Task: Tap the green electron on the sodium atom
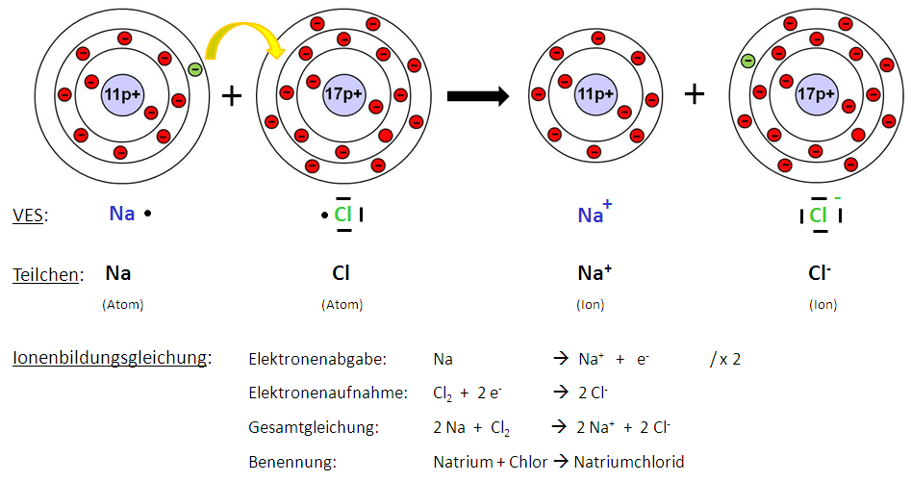195,69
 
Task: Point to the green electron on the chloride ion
747,62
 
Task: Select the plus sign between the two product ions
694,93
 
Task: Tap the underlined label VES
30,215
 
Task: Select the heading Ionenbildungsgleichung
112,359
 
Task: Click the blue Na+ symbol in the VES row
594,215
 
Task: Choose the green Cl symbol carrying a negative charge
819,215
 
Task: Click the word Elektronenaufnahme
327,393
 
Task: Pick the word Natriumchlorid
629,462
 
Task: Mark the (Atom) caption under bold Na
122,305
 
